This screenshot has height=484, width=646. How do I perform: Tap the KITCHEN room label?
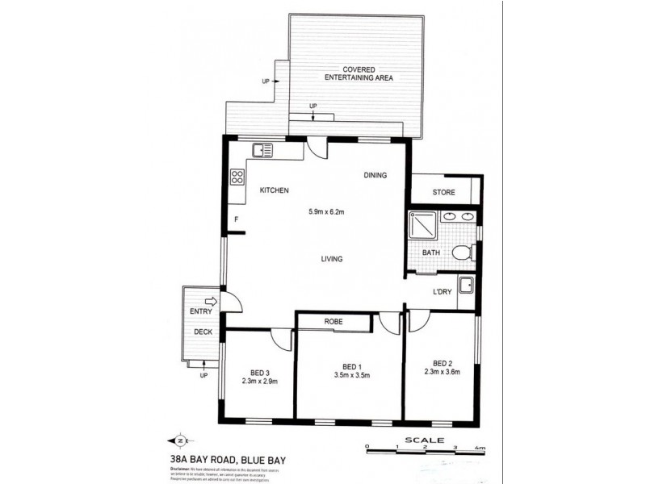274,190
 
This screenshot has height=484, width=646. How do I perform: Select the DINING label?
375,175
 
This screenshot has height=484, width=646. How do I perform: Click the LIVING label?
331,259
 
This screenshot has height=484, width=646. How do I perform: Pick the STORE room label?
443,193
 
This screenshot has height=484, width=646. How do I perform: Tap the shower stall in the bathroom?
422,226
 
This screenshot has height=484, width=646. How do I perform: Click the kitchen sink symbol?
262,150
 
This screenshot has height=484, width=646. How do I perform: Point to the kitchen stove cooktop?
238,177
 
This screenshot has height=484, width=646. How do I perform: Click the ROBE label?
333,322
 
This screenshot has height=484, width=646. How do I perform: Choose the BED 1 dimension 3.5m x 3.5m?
351,374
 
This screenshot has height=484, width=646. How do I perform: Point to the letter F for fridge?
237,219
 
